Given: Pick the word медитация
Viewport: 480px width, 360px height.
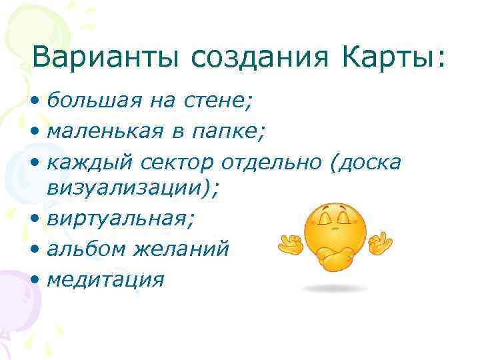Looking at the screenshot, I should (x=105, y=279).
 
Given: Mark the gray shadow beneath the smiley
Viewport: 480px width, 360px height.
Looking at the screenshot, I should (x=334, y=289).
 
